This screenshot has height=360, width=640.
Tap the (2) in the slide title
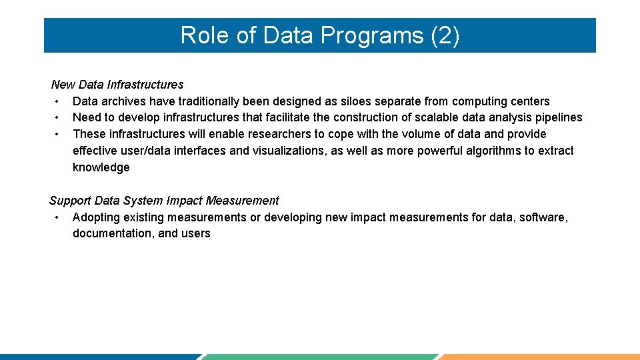(445, 36)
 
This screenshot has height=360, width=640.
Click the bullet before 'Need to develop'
(58, 117)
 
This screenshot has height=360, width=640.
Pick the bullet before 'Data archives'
(58, 101)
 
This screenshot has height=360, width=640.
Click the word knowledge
(101, 167)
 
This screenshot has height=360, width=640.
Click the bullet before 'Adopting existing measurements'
(58, 217)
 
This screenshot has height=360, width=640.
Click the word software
(543, 217)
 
